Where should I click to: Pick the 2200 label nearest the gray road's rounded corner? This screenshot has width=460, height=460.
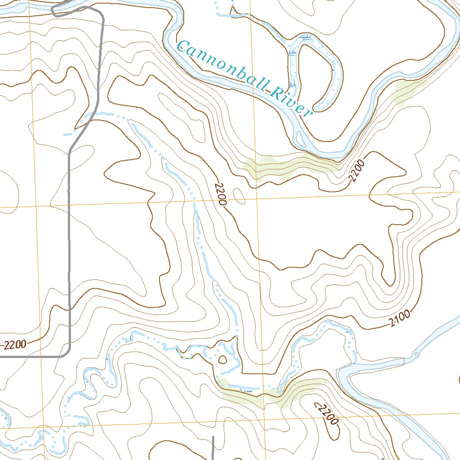(15, 345)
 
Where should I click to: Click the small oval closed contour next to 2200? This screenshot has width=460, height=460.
(240, 196)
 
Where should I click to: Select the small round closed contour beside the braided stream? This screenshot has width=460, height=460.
(222, 359)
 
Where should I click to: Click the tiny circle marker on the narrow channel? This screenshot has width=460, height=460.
(416, 354)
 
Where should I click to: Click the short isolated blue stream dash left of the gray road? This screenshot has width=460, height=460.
(68, 134)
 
